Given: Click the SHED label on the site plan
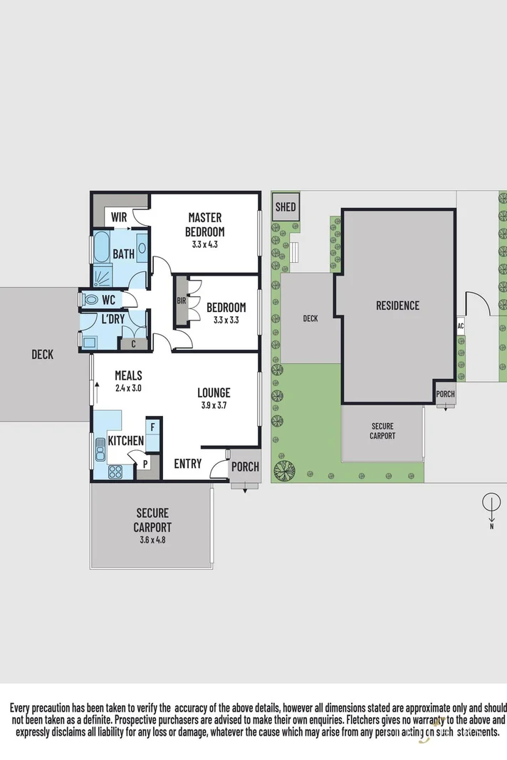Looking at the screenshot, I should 286,207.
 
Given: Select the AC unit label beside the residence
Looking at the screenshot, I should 461,326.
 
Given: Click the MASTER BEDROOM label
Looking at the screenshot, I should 204,224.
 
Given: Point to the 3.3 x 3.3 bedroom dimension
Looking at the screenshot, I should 226,320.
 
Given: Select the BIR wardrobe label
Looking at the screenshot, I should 181,301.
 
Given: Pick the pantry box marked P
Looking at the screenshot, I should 145,463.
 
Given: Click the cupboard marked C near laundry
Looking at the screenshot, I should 134,343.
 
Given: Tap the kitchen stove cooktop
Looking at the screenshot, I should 114,470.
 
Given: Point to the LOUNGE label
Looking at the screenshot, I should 214,392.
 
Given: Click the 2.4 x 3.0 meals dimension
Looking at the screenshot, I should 128,388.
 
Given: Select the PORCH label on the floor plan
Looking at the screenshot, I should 245,467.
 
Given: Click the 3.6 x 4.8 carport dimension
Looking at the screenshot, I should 151,540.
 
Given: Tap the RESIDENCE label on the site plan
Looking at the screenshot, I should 397,306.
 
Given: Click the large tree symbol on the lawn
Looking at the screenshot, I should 283,471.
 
